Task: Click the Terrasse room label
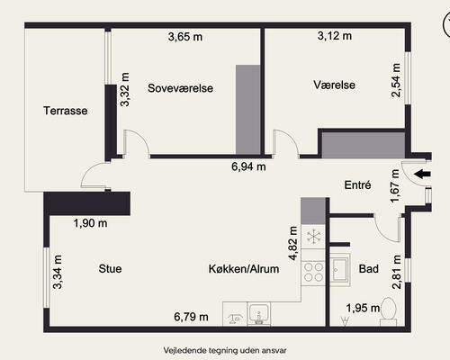coord(66,111)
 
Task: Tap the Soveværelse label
coord(180,88)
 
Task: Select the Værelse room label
coord(334,85)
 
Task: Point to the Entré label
coord(357,184)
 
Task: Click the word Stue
coord(110,268)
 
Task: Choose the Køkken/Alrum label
coord(244,269)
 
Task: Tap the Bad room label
coord(368,268)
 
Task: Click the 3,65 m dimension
coord(185,37)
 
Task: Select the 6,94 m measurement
coord(248,166)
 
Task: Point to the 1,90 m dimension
coord(90,223)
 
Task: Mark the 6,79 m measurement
coord(191,317)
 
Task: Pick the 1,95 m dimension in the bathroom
coord(363,308)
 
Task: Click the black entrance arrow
coord(422,174)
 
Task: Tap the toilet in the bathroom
coord(389,311)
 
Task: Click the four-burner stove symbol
coord(313,273)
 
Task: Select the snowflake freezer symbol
coord(313,237)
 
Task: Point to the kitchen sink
coord(258,314)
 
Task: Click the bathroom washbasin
coord(340,270)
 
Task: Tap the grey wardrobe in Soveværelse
coord(247,110)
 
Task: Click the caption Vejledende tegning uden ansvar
coord(225,350)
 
